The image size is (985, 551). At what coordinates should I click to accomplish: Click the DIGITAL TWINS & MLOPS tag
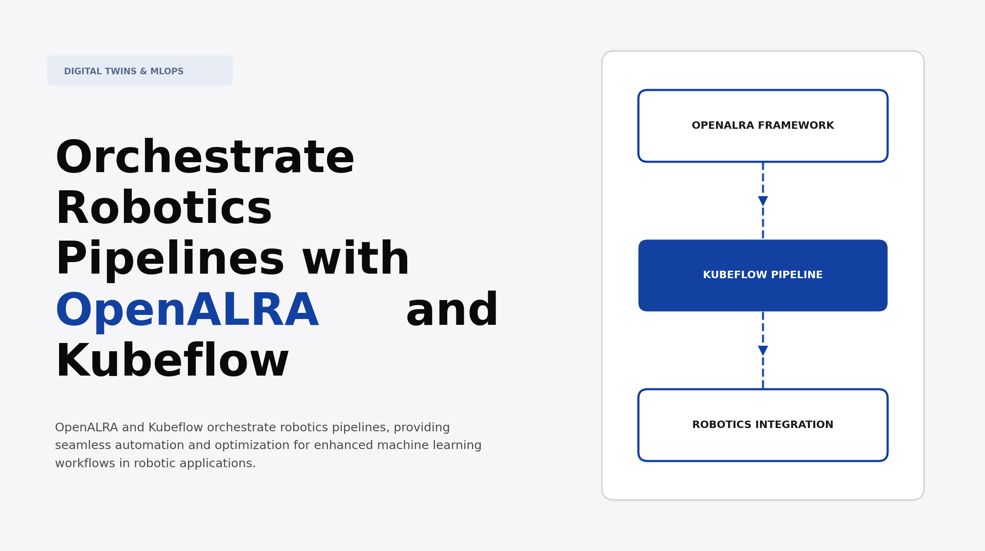[x=140, y=71]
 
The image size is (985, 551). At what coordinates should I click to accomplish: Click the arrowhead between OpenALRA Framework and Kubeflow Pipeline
[x=763, y=201]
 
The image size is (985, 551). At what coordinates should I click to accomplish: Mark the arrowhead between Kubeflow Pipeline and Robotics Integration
[x=763, y=350]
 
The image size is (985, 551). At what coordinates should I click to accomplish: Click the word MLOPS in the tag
[x=166, y=71]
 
